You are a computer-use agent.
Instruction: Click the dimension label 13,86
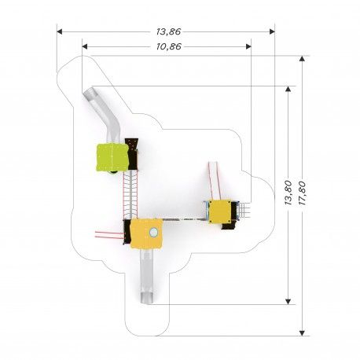point(169,31)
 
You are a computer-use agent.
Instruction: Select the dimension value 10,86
point(169,46)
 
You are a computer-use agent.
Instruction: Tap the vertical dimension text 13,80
point(288,193)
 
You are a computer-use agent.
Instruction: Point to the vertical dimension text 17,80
point(302,193)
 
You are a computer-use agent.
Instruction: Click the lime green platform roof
point(112,158)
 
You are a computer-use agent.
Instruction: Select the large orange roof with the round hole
point(146,233)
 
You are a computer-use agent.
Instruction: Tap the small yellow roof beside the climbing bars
point(220,211)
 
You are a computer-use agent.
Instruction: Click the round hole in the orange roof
point(153,232)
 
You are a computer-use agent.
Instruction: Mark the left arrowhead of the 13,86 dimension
point(60,31)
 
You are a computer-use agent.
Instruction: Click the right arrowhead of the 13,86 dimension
point(272,31)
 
